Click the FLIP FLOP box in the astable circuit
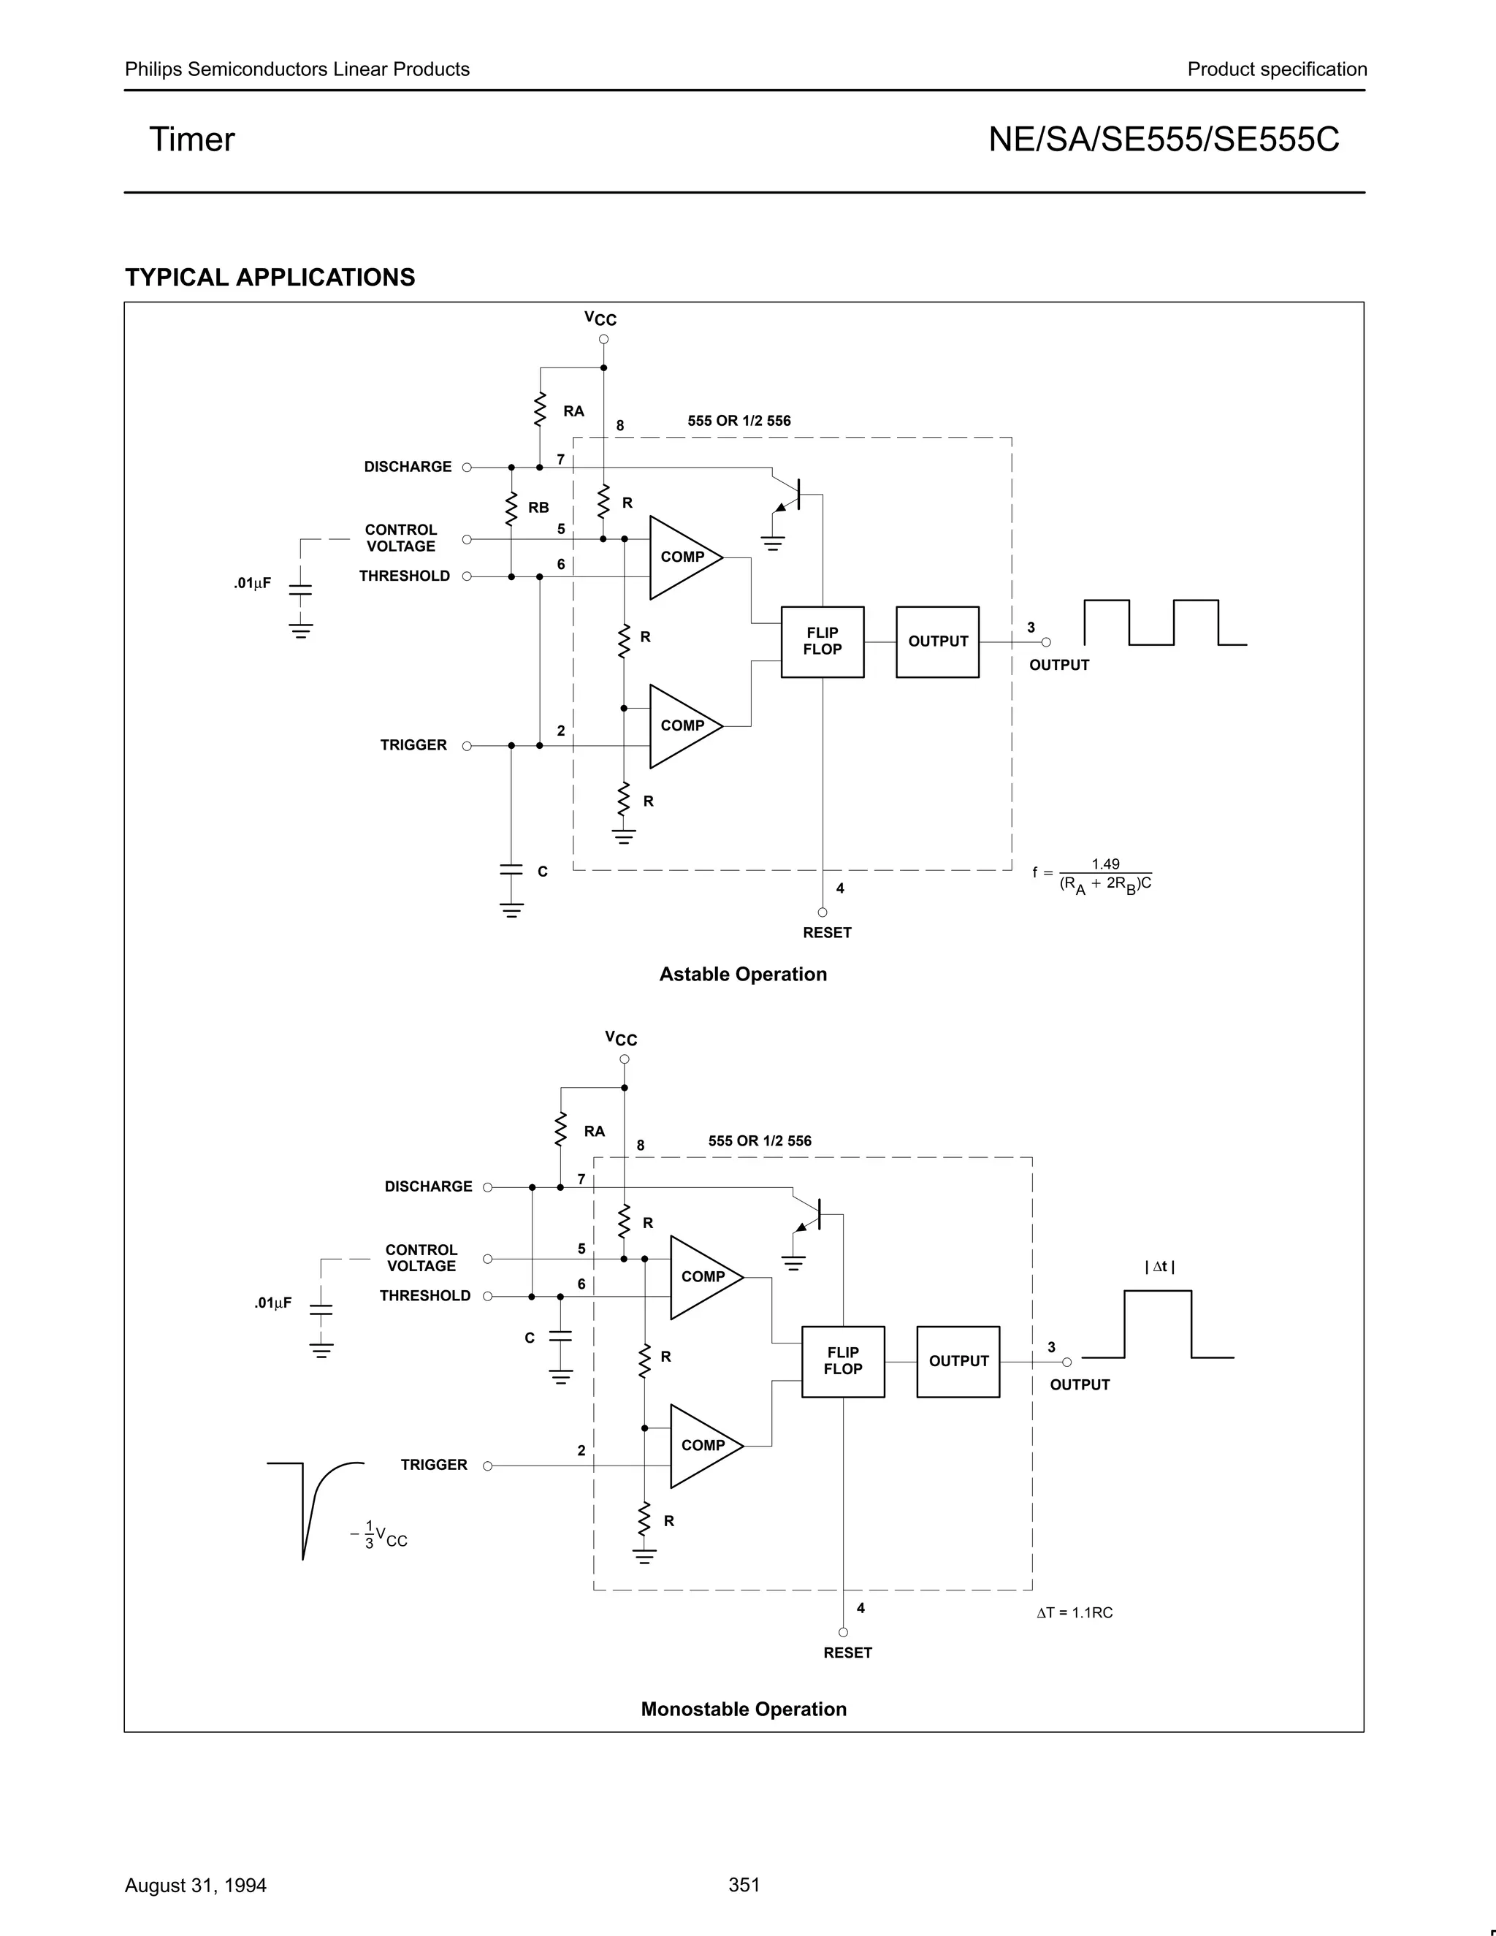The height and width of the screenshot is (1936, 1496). (x=822, y=641)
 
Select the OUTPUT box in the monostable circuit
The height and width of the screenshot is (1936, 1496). (x=958, y=1361)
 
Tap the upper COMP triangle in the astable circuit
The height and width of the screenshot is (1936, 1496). (x=683, y=557)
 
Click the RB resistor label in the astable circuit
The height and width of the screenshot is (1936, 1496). (x=538, y=508)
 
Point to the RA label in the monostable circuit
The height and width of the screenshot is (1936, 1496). (x=594, y=1131)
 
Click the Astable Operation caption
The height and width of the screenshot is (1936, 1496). (x=743, y=974)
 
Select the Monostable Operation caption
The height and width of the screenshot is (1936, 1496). (x=744, y=1709)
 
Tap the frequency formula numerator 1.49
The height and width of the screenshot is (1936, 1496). (x=1105, y=864)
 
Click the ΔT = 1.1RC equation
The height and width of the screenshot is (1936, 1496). (x=1074, y=1612)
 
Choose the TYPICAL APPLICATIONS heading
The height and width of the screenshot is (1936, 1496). (x=270, y=278)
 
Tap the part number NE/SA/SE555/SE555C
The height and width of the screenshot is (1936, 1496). (x=1164, y=140)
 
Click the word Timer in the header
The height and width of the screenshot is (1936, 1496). (x=191, y=140)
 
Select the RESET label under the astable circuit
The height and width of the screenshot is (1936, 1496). (x=827, y=932)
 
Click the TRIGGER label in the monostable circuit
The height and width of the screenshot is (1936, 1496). (x=433, y=1464)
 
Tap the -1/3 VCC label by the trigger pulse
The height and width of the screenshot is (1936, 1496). (x=378, y=1536)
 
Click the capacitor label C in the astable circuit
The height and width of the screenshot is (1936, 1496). (x=543, y=872)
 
